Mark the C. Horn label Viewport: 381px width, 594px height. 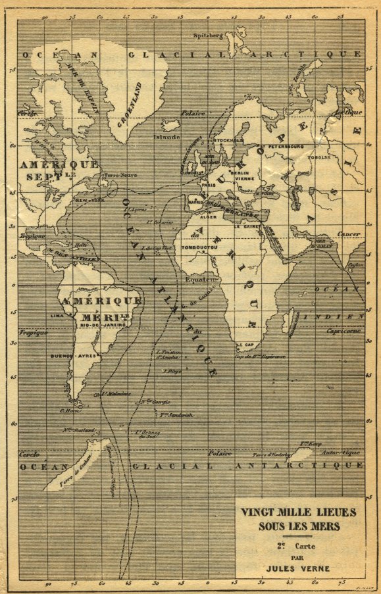pyautogui.click(x=69, y=411)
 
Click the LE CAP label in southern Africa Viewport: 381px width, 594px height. pyautogui.click(x=245, y=344)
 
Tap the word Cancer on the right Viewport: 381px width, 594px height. pyautogui.click(x=349, y=234)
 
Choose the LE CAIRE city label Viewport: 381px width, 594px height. pyautogui.click(x=252, y=227)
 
